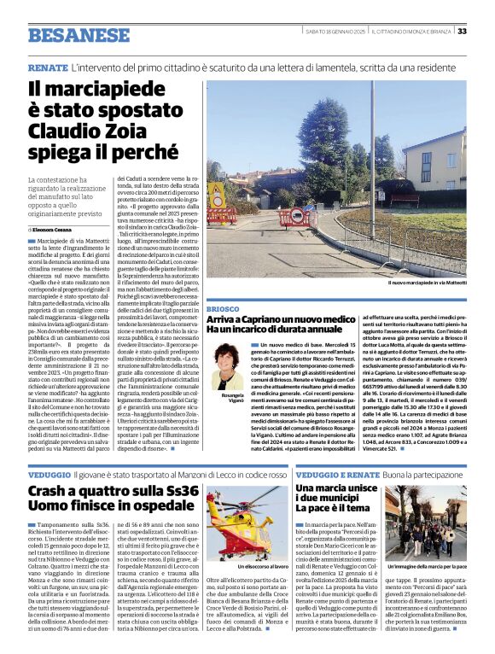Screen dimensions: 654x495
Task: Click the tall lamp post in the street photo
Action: point(372,154)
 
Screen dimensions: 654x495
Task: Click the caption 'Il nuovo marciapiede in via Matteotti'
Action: point(426,283)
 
